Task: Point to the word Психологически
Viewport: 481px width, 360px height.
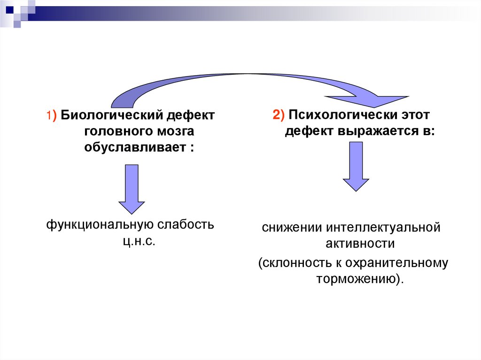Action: coord(338,115)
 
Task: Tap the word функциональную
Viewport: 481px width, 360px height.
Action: coord(97,225)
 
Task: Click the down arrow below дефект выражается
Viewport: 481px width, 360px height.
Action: coord(356,167)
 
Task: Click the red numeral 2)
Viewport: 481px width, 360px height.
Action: coord(279,115)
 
